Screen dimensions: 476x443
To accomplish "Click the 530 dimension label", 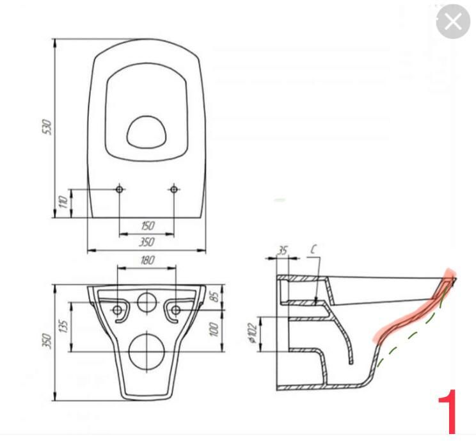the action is pyautogui.click(x=47, y=127).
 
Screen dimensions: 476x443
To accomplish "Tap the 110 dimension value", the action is pyautogui.click(x=63, y=202).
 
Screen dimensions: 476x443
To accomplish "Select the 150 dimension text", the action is pyautogui.click(x=148, y=225).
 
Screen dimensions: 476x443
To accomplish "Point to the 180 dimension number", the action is pyautogui.click(x=148, y=260).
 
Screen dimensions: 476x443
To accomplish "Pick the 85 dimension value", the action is pyautogui.click(x=215, y=296).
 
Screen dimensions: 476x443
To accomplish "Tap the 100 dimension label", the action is pyautogui.click(x=214, y=330).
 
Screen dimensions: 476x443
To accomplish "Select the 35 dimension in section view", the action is pyautogui.click(x=283, y=251).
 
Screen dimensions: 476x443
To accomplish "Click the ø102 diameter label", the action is pyautogui.click(x=253, y=334).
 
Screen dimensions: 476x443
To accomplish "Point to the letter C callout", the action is pyautogui.click(x=313, y=250).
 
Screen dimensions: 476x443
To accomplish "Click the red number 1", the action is pyautogui.click(x=448, y=412).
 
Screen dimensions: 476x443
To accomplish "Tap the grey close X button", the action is pyautogui.click(x=453, y=22).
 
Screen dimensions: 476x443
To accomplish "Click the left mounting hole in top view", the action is pyautogui.click(x=119, y=189).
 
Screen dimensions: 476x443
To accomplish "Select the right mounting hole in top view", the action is pyautogui.click(x=173, y=189).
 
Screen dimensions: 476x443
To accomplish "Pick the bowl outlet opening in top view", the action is pyautogui.click(x=147, y=132).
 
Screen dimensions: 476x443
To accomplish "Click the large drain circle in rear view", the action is pyautogui.click(x=147, y=351).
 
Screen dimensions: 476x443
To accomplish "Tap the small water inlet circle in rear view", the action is pyautogui.click(x=147, y=302).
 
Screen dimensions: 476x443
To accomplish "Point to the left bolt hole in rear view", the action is pyautogui.click(x=117, y=310).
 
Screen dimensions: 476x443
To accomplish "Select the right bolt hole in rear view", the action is pyautogui.click(x=176, y=310).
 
